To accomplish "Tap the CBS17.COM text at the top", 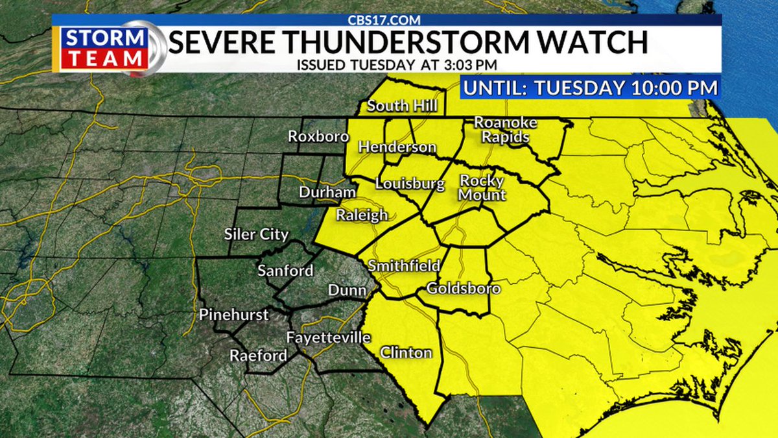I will click(388, 19).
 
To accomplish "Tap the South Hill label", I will click(402, 106).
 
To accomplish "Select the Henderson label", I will click(397, 147).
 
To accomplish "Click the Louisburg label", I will click(410, 184).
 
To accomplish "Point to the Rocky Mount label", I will click(482, 187).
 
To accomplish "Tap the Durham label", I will click(327, 193).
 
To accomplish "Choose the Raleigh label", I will click(362, 215).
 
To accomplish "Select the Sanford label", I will click(285, 271).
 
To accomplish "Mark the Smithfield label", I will click(404, 265).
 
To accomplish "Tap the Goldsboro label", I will click(464, 288).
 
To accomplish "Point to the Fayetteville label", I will click(328, 337).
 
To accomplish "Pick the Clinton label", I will click(406, 353).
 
